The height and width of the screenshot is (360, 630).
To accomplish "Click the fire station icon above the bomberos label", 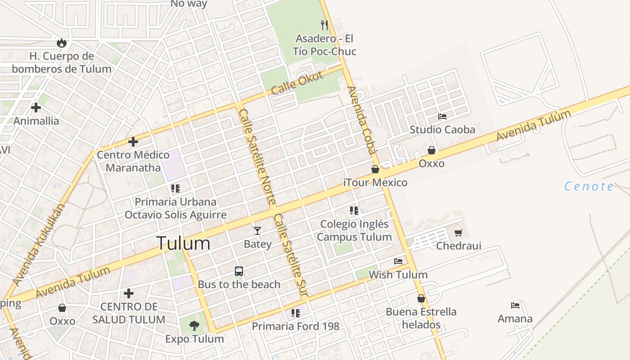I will coord(62,43).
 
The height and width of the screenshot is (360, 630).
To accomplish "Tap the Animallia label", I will coord(36,121).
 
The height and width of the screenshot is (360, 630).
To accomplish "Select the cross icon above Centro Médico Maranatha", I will coord(133,142).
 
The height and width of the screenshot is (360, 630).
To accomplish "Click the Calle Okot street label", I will coord(297,83).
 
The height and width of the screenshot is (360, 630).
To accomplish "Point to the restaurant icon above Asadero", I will coord(324,25).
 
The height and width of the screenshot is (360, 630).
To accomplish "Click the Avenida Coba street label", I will coord(361,120).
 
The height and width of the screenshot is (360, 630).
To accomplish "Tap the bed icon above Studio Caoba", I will coord(442,117).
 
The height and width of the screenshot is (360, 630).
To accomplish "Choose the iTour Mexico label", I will coord(375,182).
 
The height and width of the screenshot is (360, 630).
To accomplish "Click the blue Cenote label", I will coord(589,186).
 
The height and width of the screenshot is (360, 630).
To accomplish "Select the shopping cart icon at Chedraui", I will coord(459,233).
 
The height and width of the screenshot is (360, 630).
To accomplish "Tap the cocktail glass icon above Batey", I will coord(257,231).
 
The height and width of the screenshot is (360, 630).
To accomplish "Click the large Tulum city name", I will coord(183,243).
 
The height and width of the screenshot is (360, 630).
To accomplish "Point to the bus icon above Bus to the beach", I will coord(239,271).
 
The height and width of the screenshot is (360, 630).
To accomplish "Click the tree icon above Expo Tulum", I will coord(194,325).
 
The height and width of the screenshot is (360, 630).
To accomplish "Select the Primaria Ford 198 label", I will coord(295,326).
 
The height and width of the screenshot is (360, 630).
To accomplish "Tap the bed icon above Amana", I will coord(515,306).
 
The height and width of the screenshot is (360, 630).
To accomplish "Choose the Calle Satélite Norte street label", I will coord(257,157).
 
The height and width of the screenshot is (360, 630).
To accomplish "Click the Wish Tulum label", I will coord(398,274).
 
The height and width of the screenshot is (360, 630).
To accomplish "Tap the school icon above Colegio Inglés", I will coord(354,210).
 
